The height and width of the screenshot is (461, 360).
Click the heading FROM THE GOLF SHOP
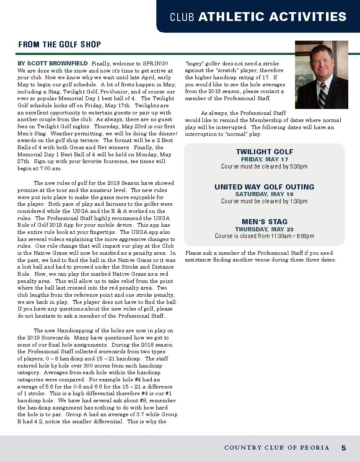[59, 44]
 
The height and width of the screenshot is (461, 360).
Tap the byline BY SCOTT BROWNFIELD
[52, 63]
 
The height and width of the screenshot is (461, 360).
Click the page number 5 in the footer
[344, 448]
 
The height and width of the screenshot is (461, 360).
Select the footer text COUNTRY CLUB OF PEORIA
[277, 448]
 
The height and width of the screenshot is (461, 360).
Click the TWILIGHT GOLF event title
[264, 152]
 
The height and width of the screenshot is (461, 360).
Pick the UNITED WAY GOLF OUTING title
[264, 187]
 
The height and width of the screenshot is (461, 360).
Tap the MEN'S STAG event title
[264, 222]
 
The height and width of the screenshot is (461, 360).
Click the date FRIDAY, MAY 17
[264, 159]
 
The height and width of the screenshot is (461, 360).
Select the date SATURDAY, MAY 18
[264, 194]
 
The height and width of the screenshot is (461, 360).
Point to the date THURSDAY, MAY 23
[264, 229]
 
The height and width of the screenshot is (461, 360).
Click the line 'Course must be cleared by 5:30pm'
[264, 166]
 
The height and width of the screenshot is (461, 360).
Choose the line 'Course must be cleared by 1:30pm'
[264, 201]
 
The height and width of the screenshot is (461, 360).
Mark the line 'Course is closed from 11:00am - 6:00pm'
[264, 236]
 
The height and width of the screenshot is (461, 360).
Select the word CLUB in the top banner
[183, 17]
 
